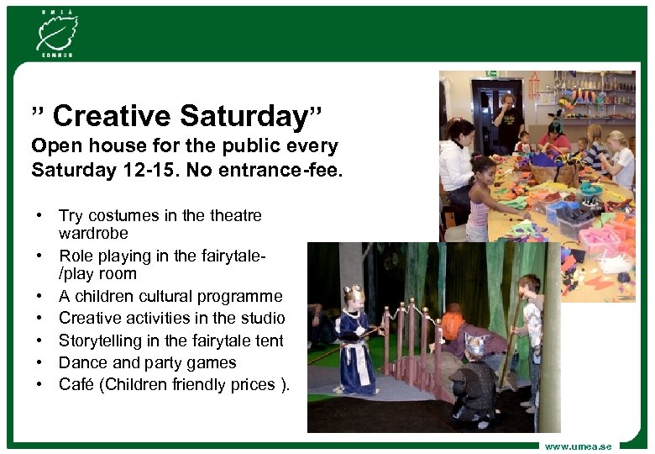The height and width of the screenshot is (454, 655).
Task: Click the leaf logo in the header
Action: pyautogui.click(x=55, y=32)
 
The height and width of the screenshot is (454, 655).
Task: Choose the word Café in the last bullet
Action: pyautogui.click(x=76, y=384)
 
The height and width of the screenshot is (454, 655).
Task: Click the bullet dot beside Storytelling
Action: pyautogui.click(x=39, y=341)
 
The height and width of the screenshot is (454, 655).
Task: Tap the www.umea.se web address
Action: pyautogui.click(x=579, y=445)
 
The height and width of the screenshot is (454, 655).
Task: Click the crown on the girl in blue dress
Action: pyautogui.click(x=352, y=292)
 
